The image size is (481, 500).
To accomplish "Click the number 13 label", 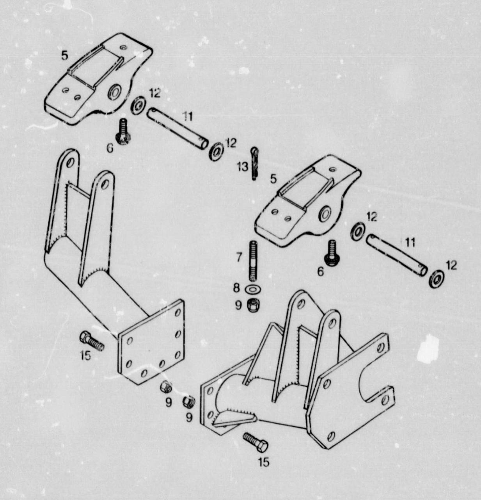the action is point(243,167).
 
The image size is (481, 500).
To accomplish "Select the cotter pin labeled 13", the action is point(254,163).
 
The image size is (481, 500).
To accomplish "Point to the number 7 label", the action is point(239,257).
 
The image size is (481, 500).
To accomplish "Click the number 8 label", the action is point(236,288).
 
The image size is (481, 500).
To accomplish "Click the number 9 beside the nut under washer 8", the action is point(238,305).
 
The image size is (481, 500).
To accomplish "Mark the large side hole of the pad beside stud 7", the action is point(325,214).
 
